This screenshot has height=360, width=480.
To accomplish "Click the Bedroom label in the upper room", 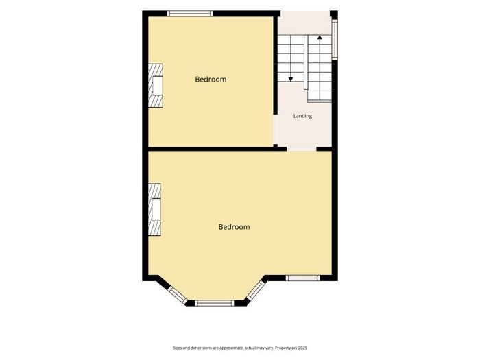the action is (x=211, y=80).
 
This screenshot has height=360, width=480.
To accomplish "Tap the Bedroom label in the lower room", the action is (x=234, y=227).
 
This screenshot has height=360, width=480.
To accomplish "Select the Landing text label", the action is (x=302, y=116).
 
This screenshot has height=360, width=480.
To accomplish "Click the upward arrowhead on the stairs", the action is (x=320, y=37).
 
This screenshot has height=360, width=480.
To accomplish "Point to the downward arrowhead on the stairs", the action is (x=291, y=80).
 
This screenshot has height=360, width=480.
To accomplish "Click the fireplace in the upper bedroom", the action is (x=156, y=86).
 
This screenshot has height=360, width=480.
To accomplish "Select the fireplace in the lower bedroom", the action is (x=154, y=210).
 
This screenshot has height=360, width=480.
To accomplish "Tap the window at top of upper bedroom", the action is (x=190, y=14).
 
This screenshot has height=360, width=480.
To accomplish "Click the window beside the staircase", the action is (x=335, y=39).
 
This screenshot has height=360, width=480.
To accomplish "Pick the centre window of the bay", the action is (x=214, y=303).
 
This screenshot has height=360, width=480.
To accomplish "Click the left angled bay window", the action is (x=177, y=296).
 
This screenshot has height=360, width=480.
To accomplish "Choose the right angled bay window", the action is (x=256, y=290).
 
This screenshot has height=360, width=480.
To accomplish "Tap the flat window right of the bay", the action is (x=303, y=278).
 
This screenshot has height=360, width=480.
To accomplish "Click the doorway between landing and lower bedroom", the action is (x=302, y=149).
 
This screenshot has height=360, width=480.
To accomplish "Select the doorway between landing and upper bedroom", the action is (x=276, y=130).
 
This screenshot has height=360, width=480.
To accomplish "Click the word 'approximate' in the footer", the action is (x=232, y=348).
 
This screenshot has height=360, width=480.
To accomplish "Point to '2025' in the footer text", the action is (x=302, y=348).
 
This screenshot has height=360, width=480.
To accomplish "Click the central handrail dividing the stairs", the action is (x=306, y=62).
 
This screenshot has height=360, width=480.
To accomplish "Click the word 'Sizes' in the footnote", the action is (x=177, y=348).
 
